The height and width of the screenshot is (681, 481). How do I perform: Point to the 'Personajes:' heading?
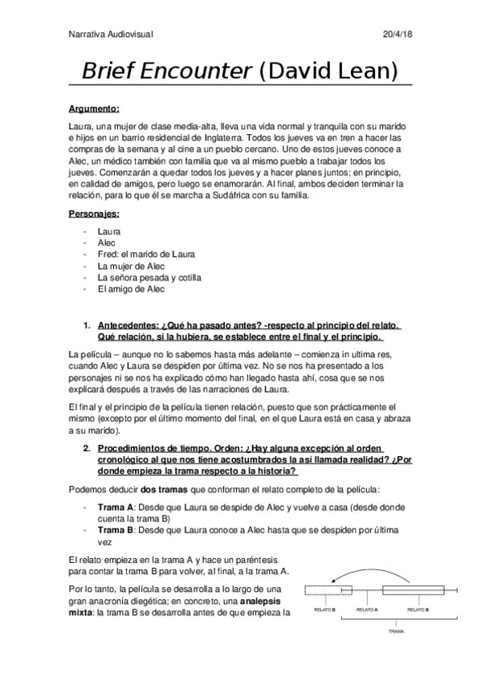[x=93, y=214]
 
